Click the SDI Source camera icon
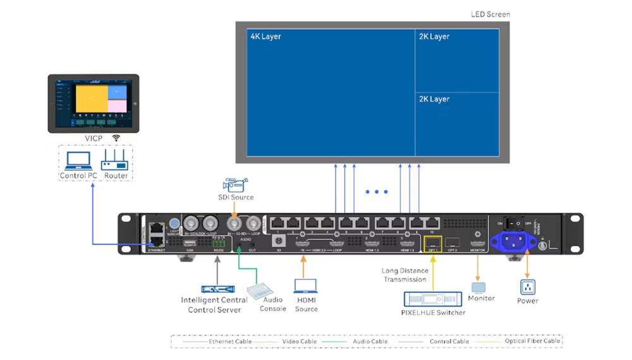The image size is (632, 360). click(235, 184)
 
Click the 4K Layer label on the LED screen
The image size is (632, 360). click(265, 37)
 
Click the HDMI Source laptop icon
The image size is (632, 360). click(307, 287)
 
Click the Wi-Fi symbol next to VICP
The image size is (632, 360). click(116, 138)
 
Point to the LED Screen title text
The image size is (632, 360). click(490, 14)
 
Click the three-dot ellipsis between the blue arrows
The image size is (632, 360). click(376, 191)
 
